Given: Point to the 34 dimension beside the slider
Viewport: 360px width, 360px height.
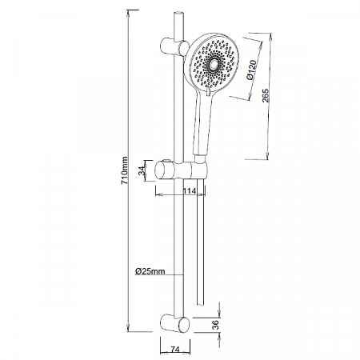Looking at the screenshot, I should tap(143, 170).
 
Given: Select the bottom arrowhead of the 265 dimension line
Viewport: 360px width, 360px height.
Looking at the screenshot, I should tap(268, 162).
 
